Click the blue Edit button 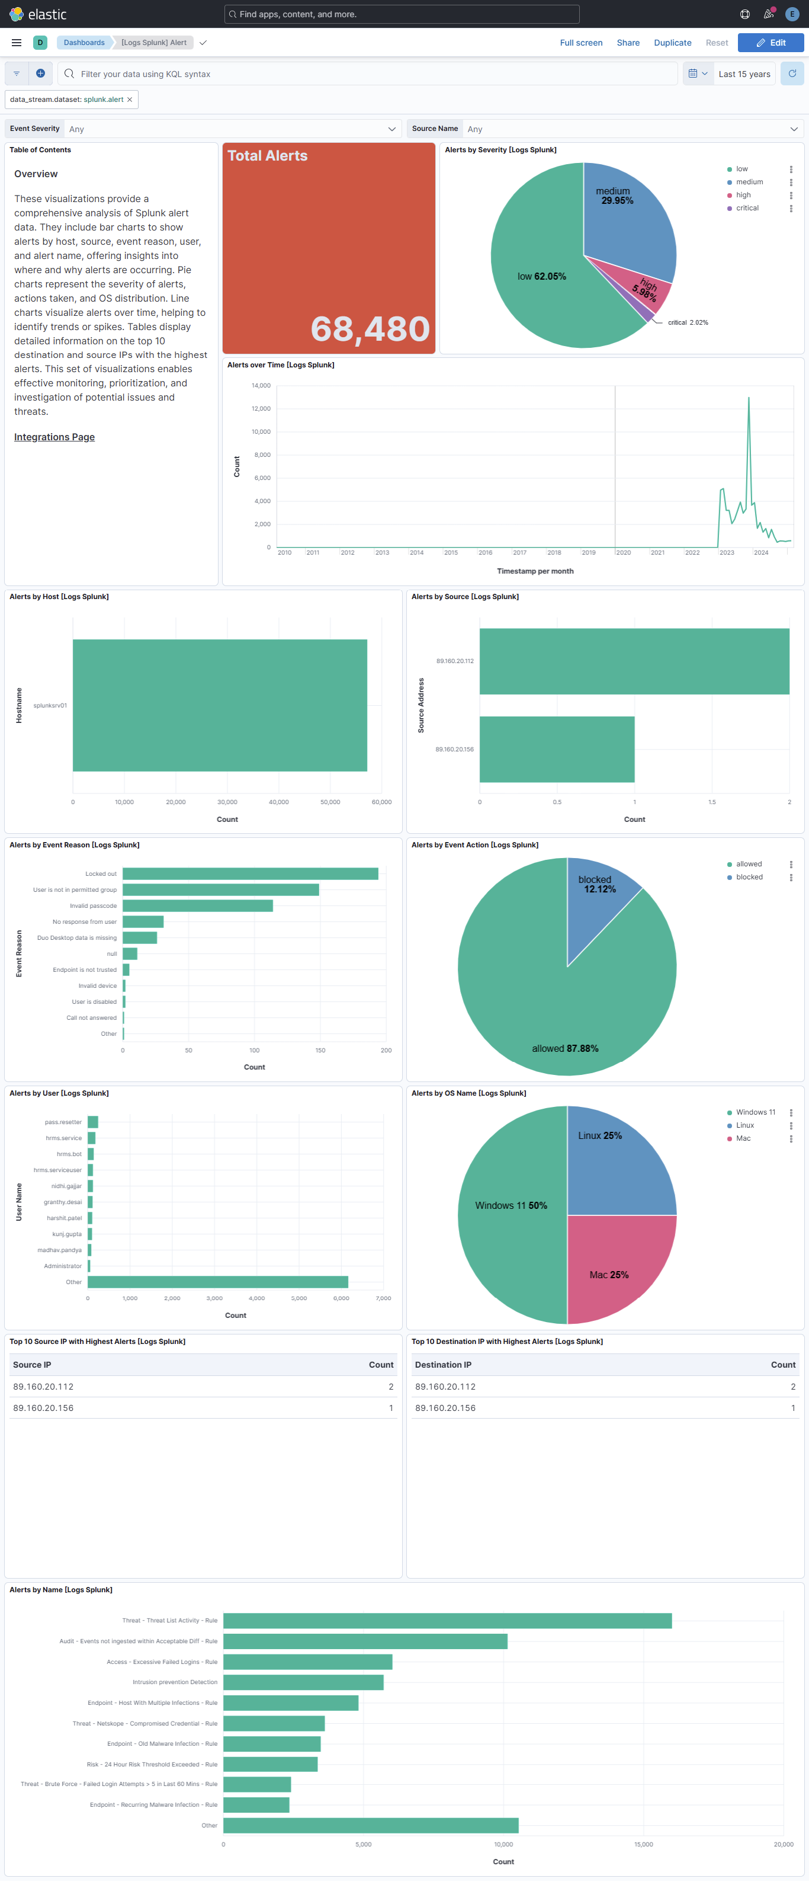(771, 43)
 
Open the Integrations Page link (54, 437)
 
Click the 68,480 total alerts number (370, 328)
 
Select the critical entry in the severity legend (747, 209)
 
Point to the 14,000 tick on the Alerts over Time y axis (261, 386)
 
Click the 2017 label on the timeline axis (519, 552)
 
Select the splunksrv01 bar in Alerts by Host (220, 705)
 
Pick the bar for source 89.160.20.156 (557, 748)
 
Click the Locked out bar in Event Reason (250, 873)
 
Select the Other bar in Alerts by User (217, 1282)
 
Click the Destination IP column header (443, 1365)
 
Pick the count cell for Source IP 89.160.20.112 (391, 1387)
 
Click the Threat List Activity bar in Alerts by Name (447, 1621)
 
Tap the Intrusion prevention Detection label (175, 1682)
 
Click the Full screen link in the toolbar (581, 43)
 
